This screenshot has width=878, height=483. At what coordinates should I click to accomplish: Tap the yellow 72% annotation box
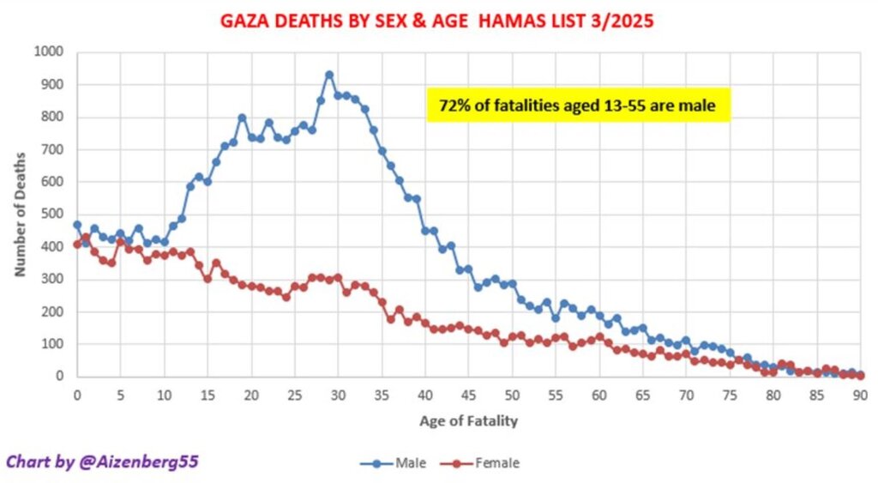coord(579,106)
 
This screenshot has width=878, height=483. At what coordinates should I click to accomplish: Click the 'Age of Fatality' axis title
coord(468,421)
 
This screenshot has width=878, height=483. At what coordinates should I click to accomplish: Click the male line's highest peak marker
coord(329,75)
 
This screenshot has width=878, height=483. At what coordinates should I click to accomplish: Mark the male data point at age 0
coord(77,225)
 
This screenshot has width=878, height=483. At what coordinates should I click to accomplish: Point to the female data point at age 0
coord(77,245)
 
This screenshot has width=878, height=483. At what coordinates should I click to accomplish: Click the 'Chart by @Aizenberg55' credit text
coord(103,462)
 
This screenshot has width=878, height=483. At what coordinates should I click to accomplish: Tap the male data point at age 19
coord(242,118)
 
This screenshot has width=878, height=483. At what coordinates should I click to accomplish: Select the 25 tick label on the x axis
coord(294,395)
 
